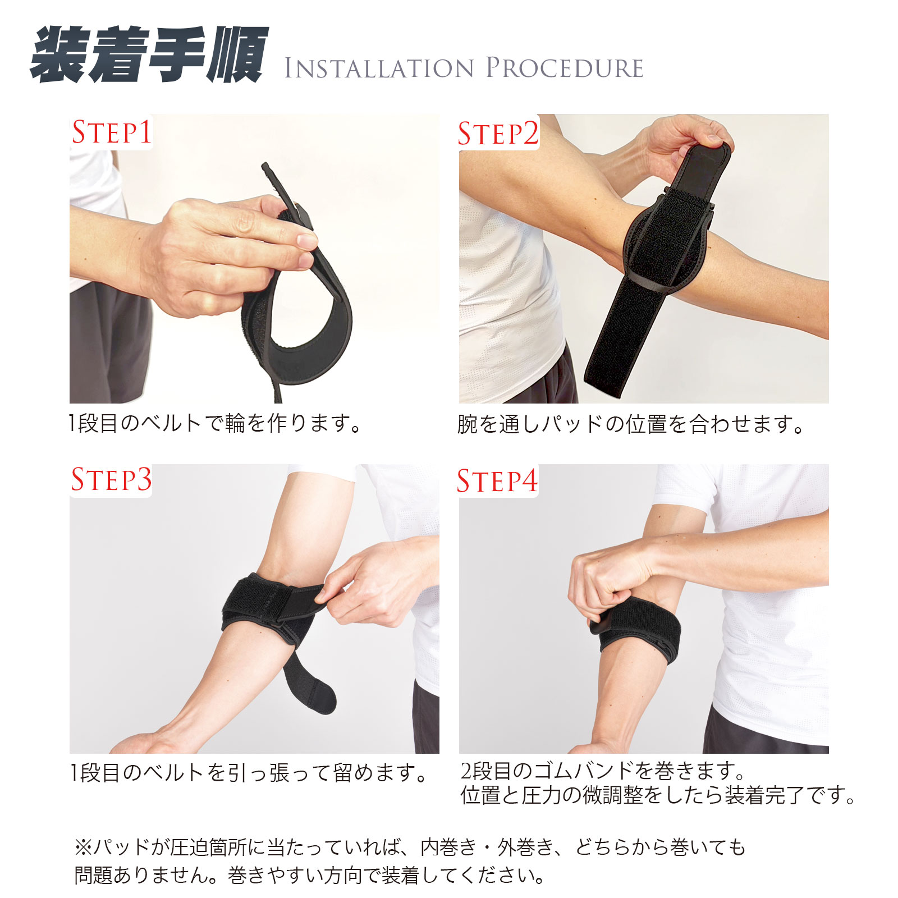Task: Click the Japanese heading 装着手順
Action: pos(149,54)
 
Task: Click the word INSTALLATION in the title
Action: pos(379,68)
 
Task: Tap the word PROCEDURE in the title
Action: pos(564,67)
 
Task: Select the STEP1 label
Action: pos(111,132)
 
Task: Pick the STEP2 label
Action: pos(498,134)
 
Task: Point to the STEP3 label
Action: pos(111,479)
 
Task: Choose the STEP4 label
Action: pos(497,481)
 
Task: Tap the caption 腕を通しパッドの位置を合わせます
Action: pos(631,424)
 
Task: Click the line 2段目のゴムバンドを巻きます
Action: pos(602,771)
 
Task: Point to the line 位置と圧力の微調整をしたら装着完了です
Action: pos(658,795)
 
